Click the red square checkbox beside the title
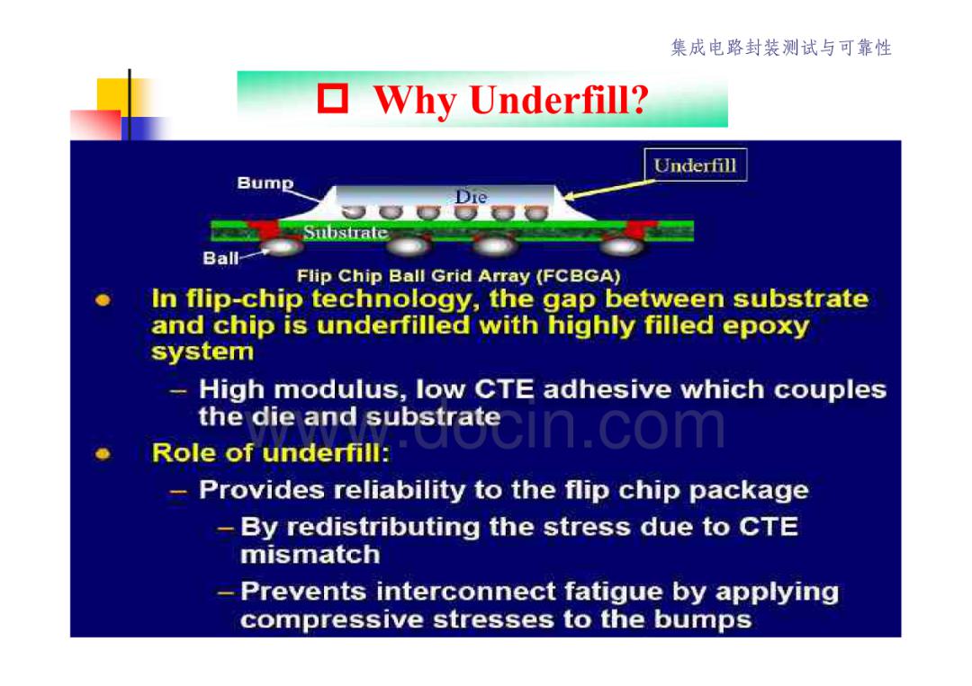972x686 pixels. click(333, 99)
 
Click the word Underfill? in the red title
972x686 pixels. click(559, 101)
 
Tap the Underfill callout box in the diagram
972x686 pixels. click(696, 165)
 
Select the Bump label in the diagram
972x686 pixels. click(265, 183)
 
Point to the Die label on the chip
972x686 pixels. click(471, 197)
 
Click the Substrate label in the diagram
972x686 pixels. click(346, 232)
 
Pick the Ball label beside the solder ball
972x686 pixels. click(220, 257)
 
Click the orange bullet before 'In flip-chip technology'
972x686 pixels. click(103, 301)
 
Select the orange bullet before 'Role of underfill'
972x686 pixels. click(103, 454)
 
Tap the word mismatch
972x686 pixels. click(310, 554)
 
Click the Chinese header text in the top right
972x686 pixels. click(781, 48)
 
